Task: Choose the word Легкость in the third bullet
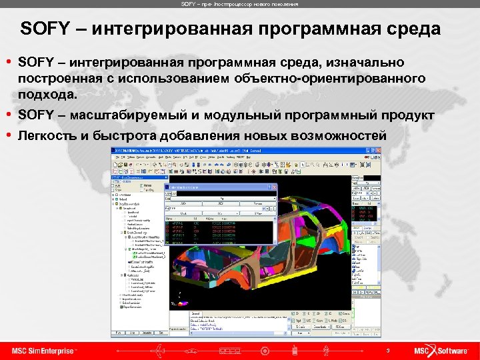pos(46,136)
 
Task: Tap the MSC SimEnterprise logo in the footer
pos(44,351)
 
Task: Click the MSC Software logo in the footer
pos(443,351)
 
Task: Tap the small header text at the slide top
pos(239,4)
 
